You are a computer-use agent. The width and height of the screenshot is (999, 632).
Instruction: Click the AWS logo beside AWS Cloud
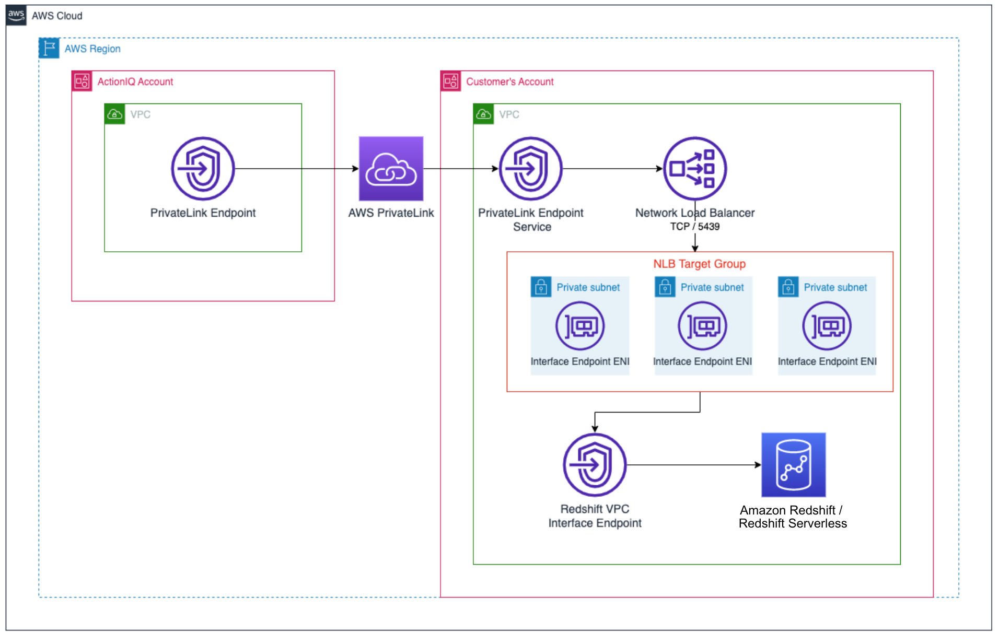click(16, 15)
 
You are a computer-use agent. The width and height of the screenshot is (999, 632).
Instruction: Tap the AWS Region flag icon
click(49, 48)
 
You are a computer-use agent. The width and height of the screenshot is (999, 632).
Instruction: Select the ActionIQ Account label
click(135, 81)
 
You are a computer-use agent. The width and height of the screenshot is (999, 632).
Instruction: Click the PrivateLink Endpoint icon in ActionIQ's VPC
click(203, 169)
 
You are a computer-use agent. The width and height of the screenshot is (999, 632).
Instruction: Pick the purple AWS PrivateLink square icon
click(391, 169)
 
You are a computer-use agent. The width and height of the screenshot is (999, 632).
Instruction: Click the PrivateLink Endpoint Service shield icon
click(530, 169)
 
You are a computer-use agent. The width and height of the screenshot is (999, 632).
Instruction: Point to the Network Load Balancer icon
click(694, 169)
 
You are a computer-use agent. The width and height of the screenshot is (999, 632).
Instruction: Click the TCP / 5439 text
click(694, 227)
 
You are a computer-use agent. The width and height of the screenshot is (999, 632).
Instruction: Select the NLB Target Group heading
click(699, 264)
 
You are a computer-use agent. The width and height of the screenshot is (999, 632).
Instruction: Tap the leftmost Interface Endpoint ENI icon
click(579, 326)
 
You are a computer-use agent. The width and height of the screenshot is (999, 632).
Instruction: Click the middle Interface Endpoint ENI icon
click(702, 326)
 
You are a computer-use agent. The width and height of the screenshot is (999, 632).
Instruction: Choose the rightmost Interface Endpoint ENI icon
click(827, 326)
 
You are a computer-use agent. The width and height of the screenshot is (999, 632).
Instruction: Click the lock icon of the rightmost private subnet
click(788, 287)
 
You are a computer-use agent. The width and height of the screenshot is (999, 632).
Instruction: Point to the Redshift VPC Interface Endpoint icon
click(595, 465)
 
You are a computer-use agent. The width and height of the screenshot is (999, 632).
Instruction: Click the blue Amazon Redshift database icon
click(793, 465)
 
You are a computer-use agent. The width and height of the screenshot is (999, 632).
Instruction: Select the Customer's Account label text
click(509, 81)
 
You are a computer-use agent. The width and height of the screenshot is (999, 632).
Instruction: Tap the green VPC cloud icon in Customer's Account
click(483, 114)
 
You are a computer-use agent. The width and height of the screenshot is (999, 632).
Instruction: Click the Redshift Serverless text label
click(792, 523)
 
